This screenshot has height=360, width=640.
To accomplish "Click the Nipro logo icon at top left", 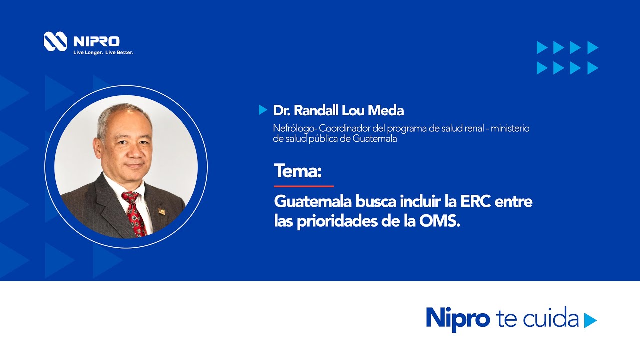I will coord(55,41).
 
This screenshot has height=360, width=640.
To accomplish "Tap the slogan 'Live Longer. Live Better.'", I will coord(103,52).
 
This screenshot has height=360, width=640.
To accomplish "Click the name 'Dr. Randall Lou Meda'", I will coord(338,110).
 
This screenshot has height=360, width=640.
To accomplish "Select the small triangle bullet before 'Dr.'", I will coord(263,110).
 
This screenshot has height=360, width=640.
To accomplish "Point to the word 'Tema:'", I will coord(298,171).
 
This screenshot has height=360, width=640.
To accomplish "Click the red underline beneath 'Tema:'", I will coord(303,186).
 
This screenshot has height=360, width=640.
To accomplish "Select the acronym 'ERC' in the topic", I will coord(475,202).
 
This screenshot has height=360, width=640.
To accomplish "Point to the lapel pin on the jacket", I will coord(161,211).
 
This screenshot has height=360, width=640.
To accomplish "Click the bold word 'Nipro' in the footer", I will coord(457,318).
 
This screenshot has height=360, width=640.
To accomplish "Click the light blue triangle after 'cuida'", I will coord(590,320).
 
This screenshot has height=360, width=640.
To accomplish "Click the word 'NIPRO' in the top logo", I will coord(96,41).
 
